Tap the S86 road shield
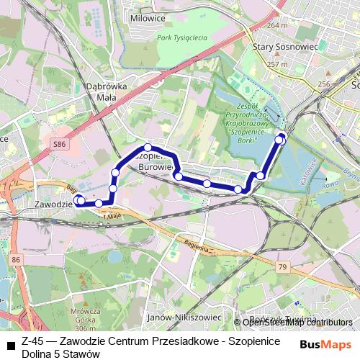[x=59, y=145]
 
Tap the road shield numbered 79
[x=282, y=268]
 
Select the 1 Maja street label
[x=112, y=216]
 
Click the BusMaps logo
[x=327, y=344]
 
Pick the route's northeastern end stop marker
[x=282, y=136]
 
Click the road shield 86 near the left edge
[x=17, y=258]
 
